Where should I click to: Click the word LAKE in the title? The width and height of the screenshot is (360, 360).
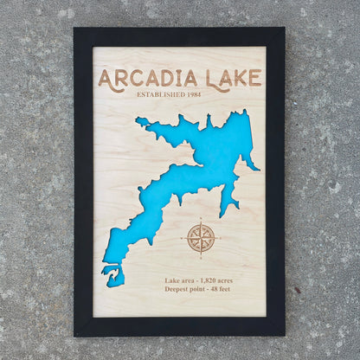click(232, 79)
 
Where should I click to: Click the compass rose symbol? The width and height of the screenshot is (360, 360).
click(201, 237)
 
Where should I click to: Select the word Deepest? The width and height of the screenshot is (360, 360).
click(177, 290)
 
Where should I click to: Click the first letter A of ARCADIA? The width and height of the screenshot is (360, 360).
click(106, 79)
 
